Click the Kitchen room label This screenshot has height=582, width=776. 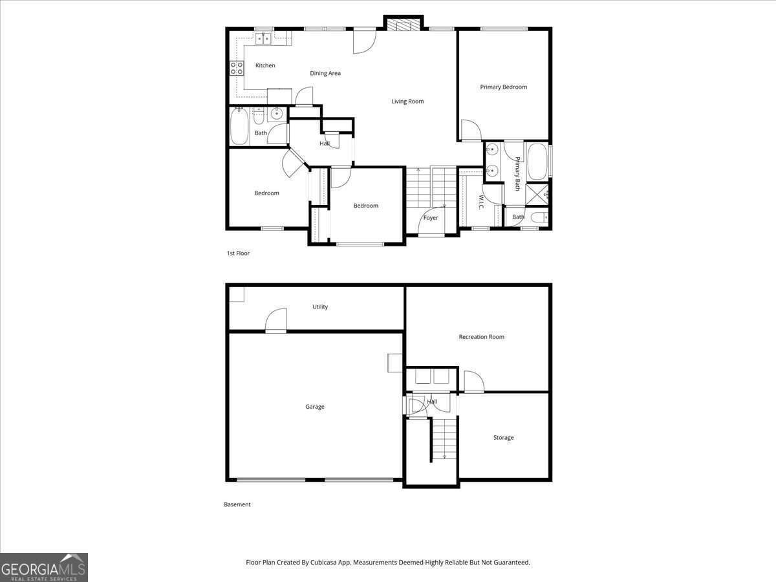coord(265,65)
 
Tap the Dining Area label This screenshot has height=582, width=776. coord(325,73)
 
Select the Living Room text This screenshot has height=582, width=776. coord(407,101)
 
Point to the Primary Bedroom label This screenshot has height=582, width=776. coord(503,87)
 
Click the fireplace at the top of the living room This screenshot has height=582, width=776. coord(404,25)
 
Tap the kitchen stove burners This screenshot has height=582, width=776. coord(237,68)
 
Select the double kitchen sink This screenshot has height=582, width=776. coord(264,39)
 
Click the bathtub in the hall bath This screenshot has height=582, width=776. coord(239,126)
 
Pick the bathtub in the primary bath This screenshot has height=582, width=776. coord(537,161)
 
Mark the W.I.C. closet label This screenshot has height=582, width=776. coord(482,202)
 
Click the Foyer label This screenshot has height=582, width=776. coord(431,218)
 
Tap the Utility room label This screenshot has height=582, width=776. coord(320,307)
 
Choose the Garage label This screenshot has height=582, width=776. coord(315,407)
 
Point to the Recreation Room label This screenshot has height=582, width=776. coord(481,337)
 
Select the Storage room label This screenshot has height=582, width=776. coord(503,438)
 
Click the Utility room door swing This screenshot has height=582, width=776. coord(277,320)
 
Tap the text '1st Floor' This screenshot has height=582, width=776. coord(238,253)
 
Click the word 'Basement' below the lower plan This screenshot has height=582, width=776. coord(237,504)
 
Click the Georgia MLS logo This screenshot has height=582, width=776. coord(44,567)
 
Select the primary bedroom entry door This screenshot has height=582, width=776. coord(469,131)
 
